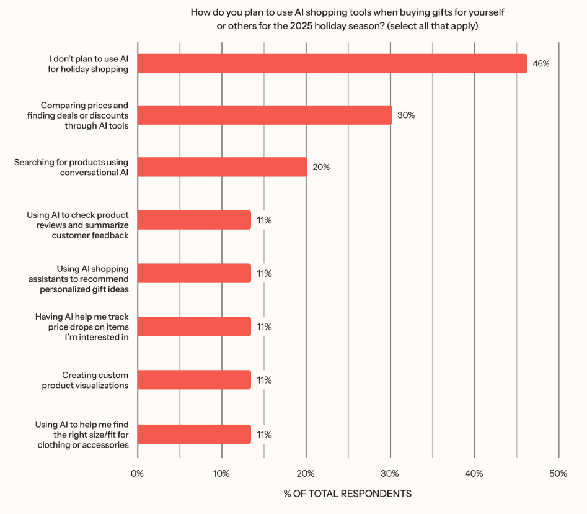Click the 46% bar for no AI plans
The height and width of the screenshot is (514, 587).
click(332, 63)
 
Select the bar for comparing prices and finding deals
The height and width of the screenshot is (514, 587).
click(265, 115)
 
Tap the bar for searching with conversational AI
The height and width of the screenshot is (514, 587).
click(222, 166)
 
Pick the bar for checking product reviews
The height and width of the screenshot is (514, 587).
click(194, 220)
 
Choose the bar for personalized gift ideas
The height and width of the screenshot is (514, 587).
click(194, 273)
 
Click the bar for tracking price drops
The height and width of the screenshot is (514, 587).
click(194, 327)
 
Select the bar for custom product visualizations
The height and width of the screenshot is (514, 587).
click(194, 380)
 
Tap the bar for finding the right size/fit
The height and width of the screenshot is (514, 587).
click(194, 434)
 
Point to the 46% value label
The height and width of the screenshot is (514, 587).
click(541, 63)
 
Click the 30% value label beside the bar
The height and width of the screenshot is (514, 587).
click(406, 115)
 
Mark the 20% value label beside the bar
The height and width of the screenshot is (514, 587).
click(321, 167)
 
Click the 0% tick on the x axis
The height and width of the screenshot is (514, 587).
click(137, 474)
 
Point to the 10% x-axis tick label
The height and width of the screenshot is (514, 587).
click(221, 474)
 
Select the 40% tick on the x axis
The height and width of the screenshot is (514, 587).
click(474, 474)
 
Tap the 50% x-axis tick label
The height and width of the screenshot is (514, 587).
click(558, 474)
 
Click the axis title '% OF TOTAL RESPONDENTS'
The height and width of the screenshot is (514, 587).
click(347, 494)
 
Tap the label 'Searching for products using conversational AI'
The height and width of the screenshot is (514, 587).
click(71, 167)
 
